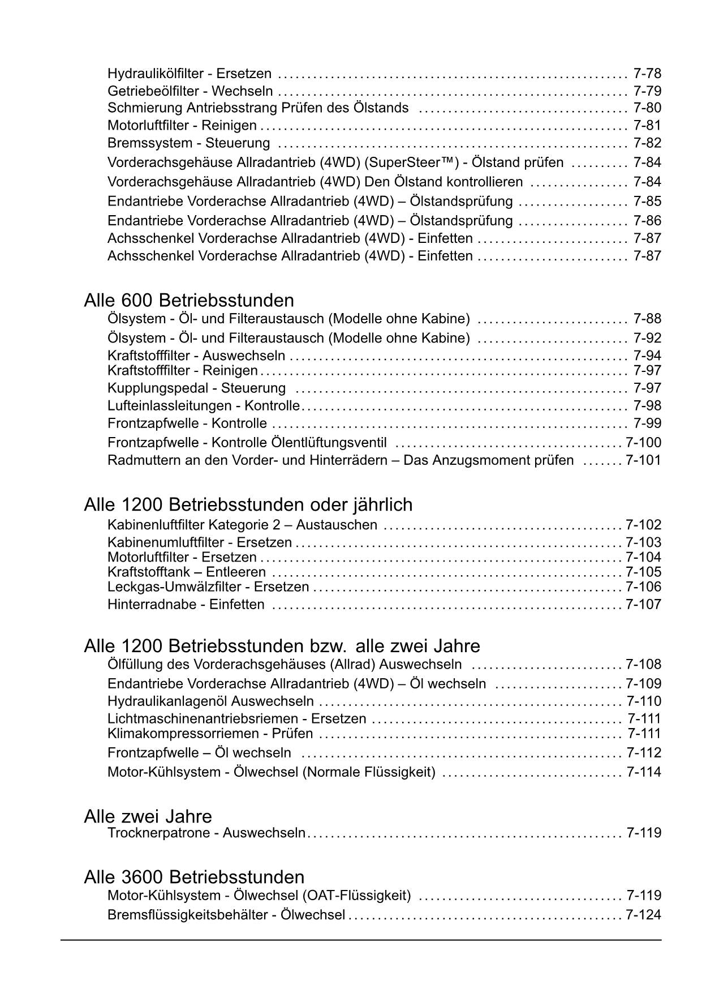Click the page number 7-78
pos(647,74)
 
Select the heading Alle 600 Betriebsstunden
pos(188,300)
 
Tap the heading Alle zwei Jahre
pos(148,816)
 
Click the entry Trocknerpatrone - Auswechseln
pos(206,833)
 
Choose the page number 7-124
pos(643,915)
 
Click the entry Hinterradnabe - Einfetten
pos(186,605)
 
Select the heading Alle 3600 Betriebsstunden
pos(194,877)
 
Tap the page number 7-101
pos(643,460)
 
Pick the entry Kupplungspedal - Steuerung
pos(196,388)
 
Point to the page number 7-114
pos(644,772)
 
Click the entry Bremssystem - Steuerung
pos(188,143)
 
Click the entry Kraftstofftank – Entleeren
pos(186,572)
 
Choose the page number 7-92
pos(647,338)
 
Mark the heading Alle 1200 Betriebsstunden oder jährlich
pos(248,504)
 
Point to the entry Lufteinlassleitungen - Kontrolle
pos(203,406)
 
